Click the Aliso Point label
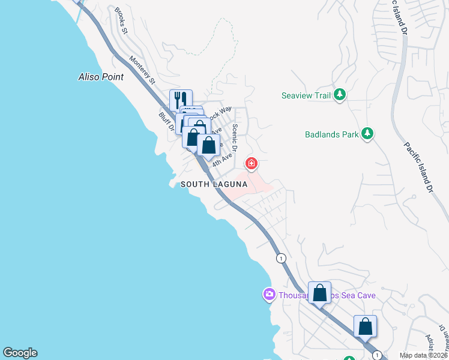pyautogui.click(x=101, y=77)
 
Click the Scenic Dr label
pyautogui.click(x=235, y=137)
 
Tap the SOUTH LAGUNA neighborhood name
pyautogui.click(x=214, y=185)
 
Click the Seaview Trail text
pyautogui.click(x=306, y=95)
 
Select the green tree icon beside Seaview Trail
pyautogui.click(x=340, y=95)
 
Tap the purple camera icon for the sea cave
pyautogui.click(x=269, y=295)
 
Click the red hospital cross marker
pyautogui.click(x=252, y=163)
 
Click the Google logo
pyautogui.click(x=20, y=353)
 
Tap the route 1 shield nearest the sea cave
pyautogui.click(x=280, y=258)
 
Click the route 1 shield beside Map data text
pyautogui.click(x=376, y=355)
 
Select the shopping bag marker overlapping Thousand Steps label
pyautogui.click(x=320, y=293)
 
